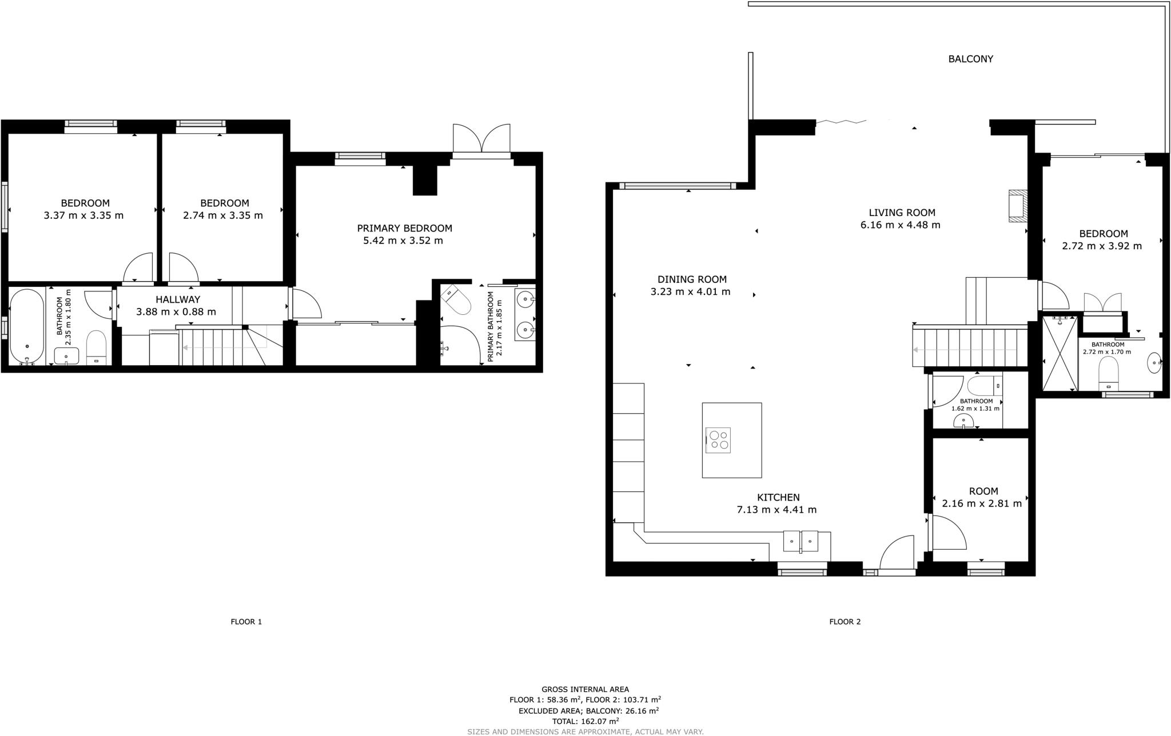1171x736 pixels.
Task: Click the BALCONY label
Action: click(970, 59)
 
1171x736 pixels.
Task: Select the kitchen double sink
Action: click(800, 540)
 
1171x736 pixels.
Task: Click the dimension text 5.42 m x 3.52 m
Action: click(403, 241)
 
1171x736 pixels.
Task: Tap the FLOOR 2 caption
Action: click(845, 622)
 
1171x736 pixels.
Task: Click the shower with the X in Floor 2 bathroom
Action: click(1060, 353)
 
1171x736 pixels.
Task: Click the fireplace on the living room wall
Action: click(1017, 205)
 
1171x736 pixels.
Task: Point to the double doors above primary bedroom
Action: click(481, 139)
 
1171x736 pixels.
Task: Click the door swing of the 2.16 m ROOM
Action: click(946, 533)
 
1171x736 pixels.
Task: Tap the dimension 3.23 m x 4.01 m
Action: click(690, 292)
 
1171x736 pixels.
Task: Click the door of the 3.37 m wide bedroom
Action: click(139, 267)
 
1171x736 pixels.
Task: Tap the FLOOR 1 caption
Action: click(246, 622)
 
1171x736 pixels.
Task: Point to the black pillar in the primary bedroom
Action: click(424, 179)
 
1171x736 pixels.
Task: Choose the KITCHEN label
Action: click(778, 498)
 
